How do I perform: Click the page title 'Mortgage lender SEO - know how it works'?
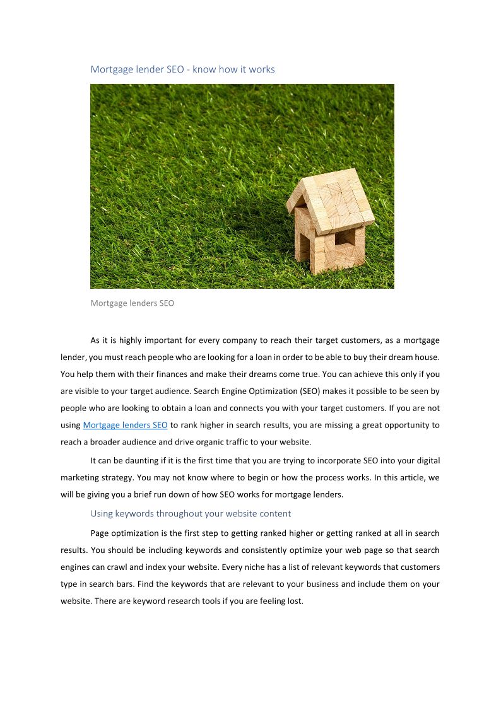[x=182, y=69]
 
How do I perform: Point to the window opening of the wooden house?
[x=345, y=238]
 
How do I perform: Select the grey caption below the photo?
[x=132, y=303]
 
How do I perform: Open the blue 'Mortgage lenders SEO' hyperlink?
[x=125, y=426]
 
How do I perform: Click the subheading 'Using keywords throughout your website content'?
[x=191, y=514]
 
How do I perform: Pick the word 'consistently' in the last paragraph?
[x=267, y=550]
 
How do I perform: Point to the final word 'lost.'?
[x=295, y=601]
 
